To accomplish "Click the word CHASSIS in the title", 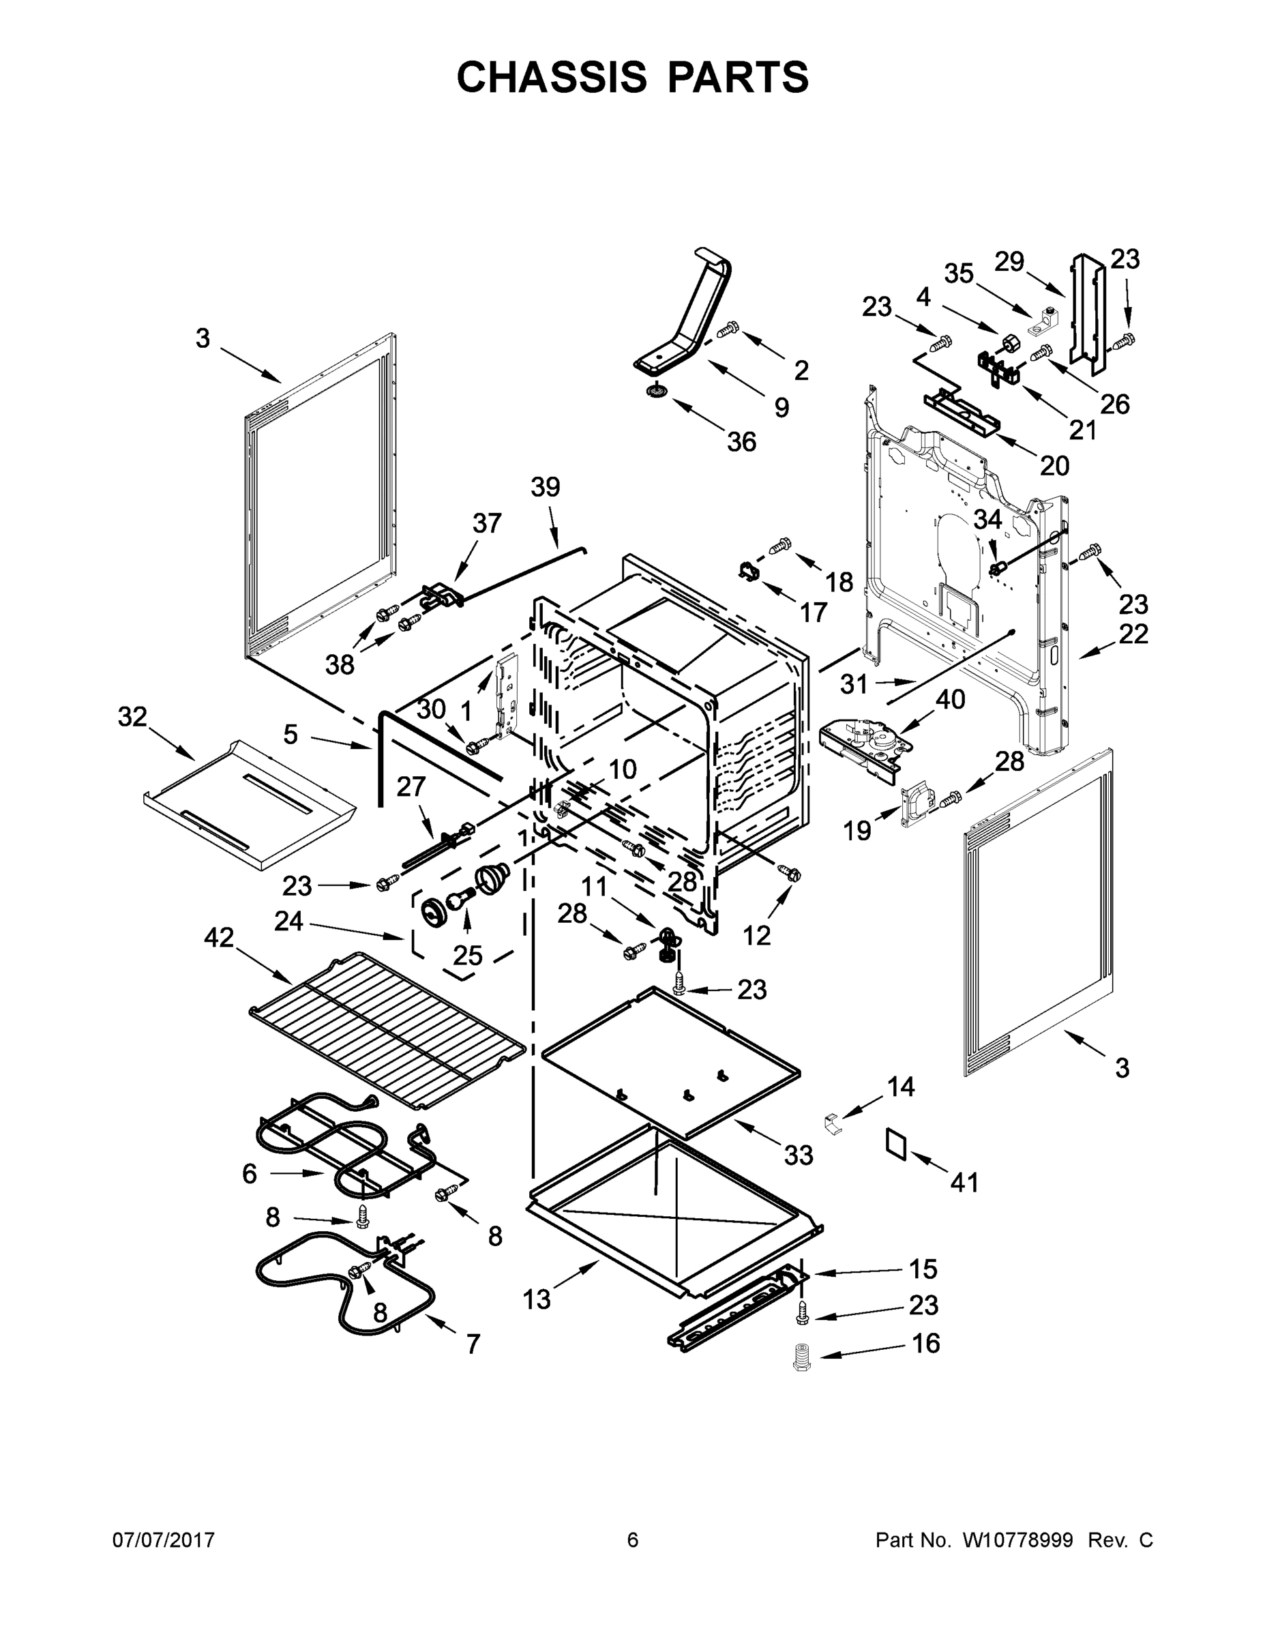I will (552, 77).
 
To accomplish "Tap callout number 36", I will (741, 441).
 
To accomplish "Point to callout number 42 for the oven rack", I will (219, 937).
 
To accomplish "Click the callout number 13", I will (537, 1299).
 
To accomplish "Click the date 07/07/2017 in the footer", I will (164, 1539).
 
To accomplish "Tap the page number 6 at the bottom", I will (633, 1539).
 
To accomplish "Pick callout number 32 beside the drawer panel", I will (133, 718).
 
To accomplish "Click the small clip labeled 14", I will (831, 1124).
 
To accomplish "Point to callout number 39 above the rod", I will (545, 487).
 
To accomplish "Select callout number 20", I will (1054, 467).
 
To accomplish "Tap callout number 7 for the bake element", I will (472, 1344).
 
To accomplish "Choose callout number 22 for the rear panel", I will (1133, 634).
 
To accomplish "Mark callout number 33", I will (798, 1155).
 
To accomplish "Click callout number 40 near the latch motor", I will (950, 699).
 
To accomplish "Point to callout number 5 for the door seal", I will (291, 735).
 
